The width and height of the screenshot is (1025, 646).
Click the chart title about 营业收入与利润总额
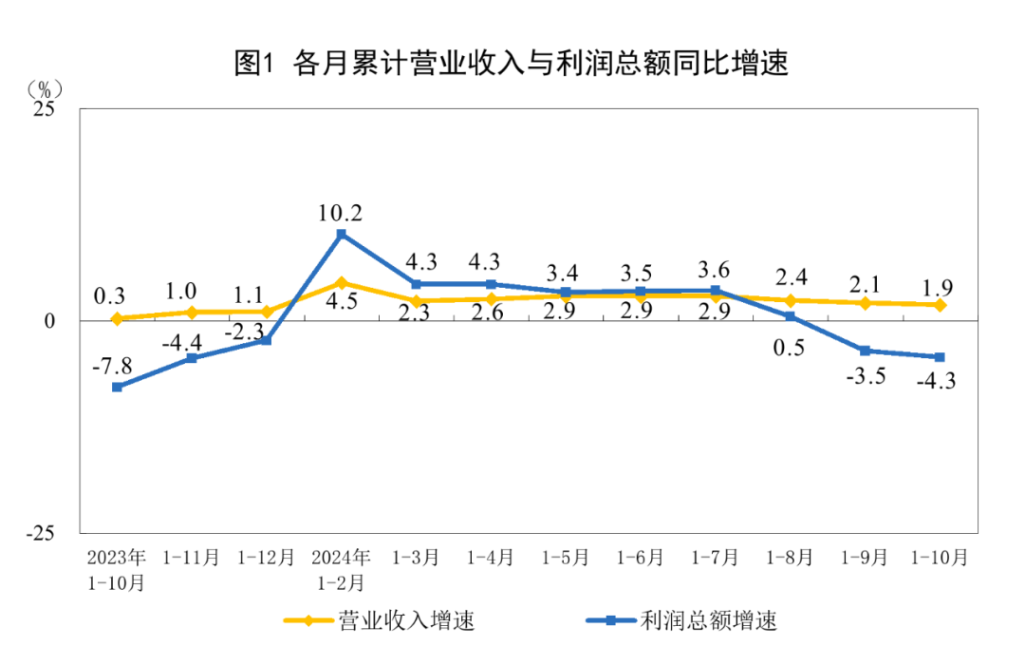pos(512,64)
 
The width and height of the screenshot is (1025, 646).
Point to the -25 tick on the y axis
pos(41,533)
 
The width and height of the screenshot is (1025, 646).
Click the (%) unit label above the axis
pos(45,89)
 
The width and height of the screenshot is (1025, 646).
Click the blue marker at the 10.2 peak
pos(342,234)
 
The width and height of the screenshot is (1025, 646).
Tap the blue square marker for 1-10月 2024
pos(940,357)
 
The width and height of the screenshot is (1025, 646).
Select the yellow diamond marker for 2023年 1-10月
pos(117,318)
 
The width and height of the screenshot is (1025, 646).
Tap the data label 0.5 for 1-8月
pos(790,348)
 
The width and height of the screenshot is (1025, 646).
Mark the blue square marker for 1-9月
pos(865,351)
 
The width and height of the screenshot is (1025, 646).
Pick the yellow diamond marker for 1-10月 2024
pos(940,305)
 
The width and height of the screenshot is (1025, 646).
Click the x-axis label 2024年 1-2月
pos(342,568)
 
